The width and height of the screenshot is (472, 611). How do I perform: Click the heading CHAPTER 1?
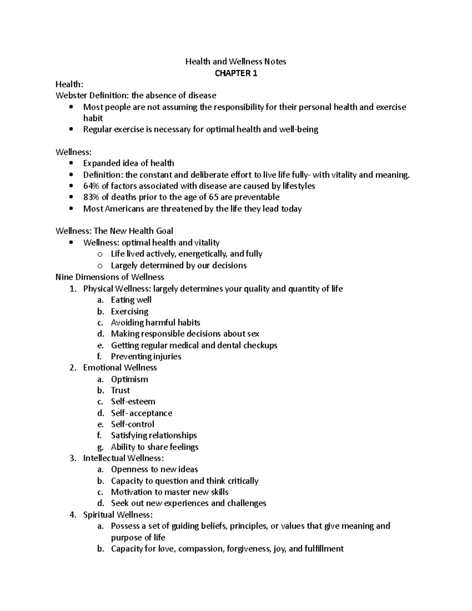236,73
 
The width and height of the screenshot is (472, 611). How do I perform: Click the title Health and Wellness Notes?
236,61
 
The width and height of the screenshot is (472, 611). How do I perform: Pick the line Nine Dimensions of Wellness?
110,277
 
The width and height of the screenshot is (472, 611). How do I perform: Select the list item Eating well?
131,300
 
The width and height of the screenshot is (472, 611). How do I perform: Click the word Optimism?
129,379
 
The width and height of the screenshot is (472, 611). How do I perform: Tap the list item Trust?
120,390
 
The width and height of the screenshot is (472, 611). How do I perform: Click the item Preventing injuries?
146,356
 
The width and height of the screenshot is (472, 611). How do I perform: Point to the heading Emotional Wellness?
120,368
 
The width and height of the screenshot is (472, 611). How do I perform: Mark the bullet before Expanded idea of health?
71,163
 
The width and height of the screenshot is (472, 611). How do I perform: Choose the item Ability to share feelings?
155,447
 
